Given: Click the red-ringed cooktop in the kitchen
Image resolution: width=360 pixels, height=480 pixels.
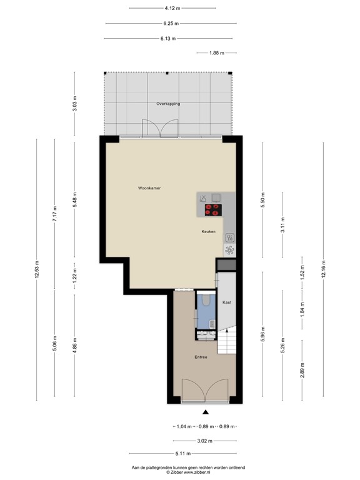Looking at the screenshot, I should click(213, 210).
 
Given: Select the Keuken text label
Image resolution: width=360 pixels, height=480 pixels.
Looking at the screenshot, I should click(208, 231).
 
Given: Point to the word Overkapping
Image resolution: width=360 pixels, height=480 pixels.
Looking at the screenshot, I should click(168, 104).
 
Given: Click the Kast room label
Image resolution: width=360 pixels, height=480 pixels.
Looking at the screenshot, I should click(227, 302).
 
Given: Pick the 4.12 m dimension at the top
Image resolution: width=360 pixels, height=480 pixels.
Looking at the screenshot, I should click(172, 8).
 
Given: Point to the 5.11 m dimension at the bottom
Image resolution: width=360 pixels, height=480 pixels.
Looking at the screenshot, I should click(182, 453).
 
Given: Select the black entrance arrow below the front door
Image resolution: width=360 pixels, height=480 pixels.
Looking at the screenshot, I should click(206, 411).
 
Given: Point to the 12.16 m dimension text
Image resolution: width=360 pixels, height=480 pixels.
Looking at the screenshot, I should click(323, 272).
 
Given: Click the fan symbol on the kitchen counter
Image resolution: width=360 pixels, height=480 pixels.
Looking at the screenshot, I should click(229, 251).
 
